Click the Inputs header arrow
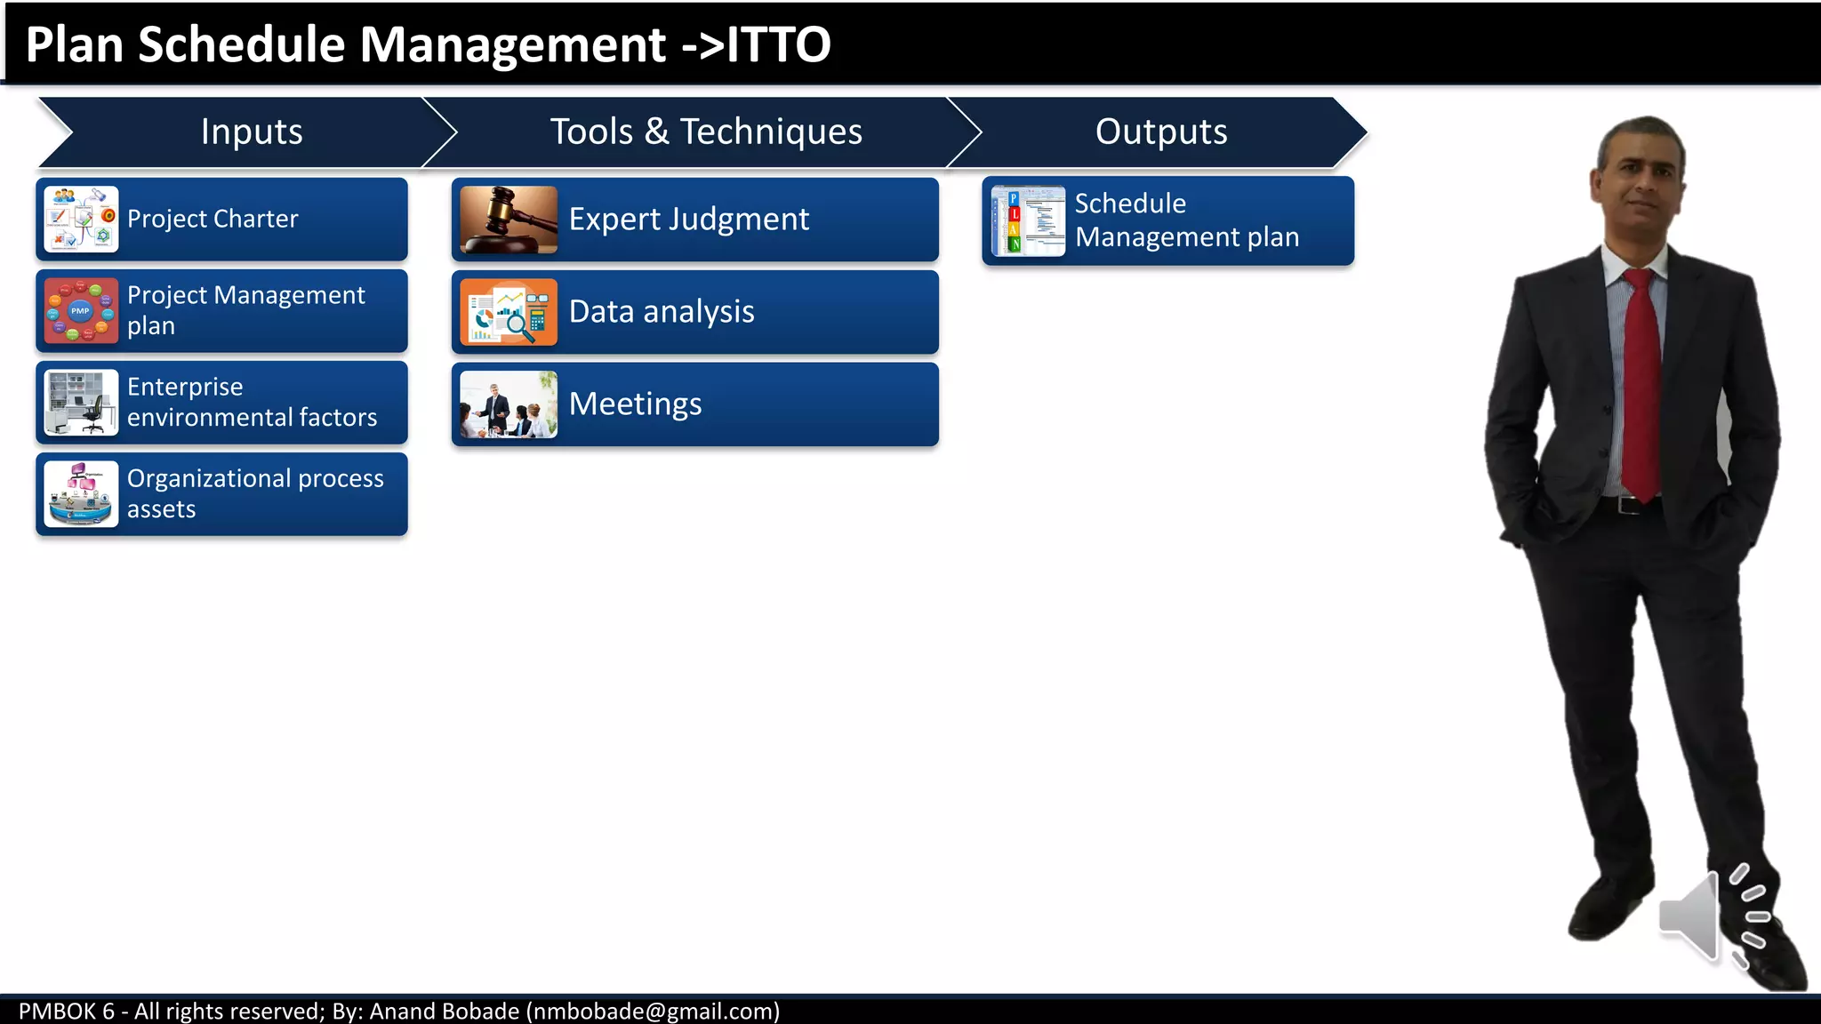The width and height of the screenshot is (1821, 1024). (251, 132)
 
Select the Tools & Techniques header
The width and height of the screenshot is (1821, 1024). (706, 132)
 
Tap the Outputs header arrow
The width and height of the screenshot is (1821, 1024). (1160, 132)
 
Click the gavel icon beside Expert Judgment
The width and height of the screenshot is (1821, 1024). (509, 220)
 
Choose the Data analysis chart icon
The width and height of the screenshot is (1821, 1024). (509, 312)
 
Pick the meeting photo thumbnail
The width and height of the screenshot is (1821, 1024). (509, 404)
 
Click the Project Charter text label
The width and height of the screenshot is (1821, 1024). (213, 219)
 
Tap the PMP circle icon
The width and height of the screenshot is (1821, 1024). (81, 310)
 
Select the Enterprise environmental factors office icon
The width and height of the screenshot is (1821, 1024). (81, 403)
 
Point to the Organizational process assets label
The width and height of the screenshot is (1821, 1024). (255, 493)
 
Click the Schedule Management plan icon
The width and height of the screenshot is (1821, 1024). (1028, 221)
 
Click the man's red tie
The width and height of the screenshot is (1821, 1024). (1641, 382)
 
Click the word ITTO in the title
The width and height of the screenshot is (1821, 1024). (779, 44)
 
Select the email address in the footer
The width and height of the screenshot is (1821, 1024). (653, 1011)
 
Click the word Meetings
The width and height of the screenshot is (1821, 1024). (635, 404)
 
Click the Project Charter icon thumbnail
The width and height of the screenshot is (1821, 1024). (81, 219)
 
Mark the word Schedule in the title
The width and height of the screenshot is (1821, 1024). (241, 44)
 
